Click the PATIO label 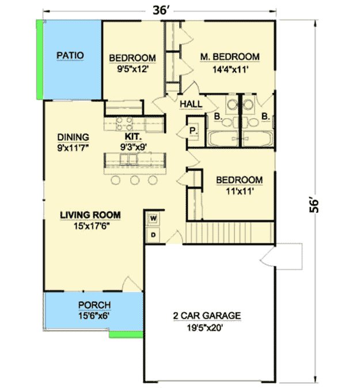(x=71, y=56)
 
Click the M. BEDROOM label (x=229, y=56)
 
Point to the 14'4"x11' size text (x=229, y=69)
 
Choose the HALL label (x=191, y=104)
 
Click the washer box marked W (x=154, y=219)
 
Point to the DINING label (x=73, y=137)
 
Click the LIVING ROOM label (x=90, y=215)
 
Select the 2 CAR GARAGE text (x=206, y=316)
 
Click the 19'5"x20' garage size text (x=206, y=327)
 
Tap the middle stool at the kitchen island (x=135, y=180)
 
